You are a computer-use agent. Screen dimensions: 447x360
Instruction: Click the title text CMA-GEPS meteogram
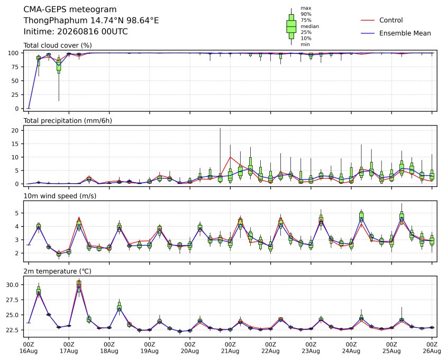(70, 10)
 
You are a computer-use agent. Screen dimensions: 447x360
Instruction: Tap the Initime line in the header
(76, 31)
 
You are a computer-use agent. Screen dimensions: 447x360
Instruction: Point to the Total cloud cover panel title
(58, 46)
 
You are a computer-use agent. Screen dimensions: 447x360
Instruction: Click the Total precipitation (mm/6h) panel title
(68, 121)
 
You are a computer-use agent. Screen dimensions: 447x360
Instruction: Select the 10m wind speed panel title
(60, 196)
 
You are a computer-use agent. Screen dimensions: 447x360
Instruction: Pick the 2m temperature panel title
(57, 271)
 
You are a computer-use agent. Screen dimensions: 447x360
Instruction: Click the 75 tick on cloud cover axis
(15, 67)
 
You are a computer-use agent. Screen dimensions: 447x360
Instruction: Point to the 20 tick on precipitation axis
(15, 130)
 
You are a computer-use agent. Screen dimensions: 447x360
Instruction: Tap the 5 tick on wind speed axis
(17, 213)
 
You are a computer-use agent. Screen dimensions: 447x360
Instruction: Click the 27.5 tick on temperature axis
(13, 300)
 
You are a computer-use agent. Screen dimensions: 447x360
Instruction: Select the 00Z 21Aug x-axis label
(230, 347)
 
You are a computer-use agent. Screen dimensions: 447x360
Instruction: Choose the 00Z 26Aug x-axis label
(432, 347)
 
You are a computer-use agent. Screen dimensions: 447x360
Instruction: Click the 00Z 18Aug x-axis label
(109, 347)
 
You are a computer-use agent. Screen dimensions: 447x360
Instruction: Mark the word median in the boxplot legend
(309, 26)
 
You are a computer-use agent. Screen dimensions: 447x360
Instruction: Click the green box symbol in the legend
(291, 26)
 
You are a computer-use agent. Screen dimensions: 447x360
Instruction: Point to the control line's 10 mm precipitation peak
(230, 157)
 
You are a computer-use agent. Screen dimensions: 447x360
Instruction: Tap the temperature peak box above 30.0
(79, 284)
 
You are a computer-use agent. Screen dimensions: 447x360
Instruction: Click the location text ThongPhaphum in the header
(56, 21)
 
